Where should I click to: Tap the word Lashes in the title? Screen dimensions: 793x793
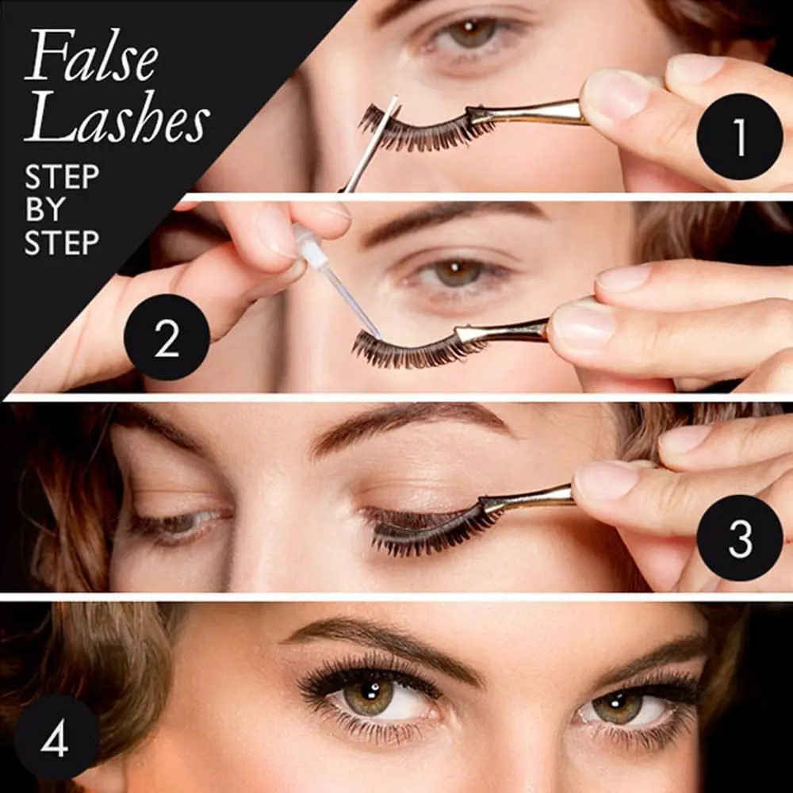pos(117,120)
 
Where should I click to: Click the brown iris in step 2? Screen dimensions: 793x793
pos(458,273)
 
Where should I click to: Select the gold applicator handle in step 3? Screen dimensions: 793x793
pos(527,497)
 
